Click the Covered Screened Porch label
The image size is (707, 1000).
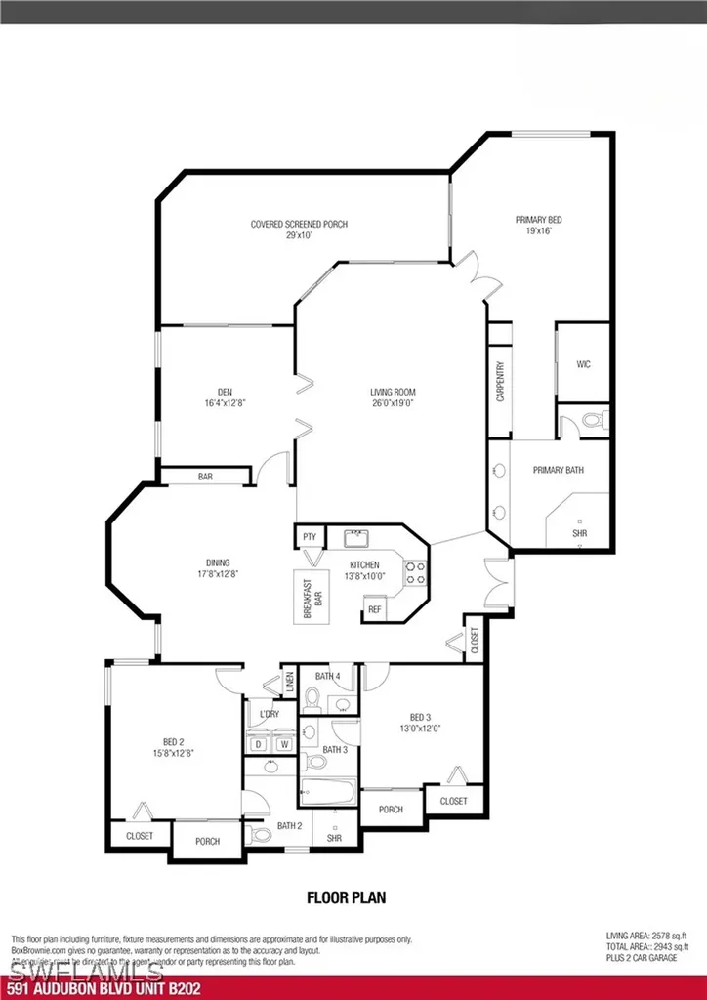pyautogui.click(x=299, y=225)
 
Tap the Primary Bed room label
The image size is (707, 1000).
pyautogui.click(x=538, y=221)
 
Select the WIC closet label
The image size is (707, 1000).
pyautogui.click(x=583, y=364)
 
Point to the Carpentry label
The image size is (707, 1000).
pyautogui.click(x=500, y=382)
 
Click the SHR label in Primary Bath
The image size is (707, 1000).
pyautogui.click(x=580, y=534)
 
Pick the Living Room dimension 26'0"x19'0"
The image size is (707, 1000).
pyautogui.click(x=393, y=404)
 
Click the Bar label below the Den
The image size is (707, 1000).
pyautogui.click(x=205, y=477)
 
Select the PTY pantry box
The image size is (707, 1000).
pyautogui.click(x=310, y=537)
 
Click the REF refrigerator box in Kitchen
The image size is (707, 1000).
pyautogui.click(x=374, y=610)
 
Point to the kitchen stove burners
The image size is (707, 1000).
pyautogui.click(x=415, y=572)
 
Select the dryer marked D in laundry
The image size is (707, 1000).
pyautogui.click(x=259, y=744)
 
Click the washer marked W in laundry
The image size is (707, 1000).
pyautogui.click(x=284, y=744)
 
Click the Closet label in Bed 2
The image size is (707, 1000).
pyautogui.click(x=139, y=836)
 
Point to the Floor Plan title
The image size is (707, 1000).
pyautogui.click(x=340, y=896)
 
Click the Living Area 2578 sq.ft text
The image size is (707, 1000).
pyautogui.click(x=647, y=937)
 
